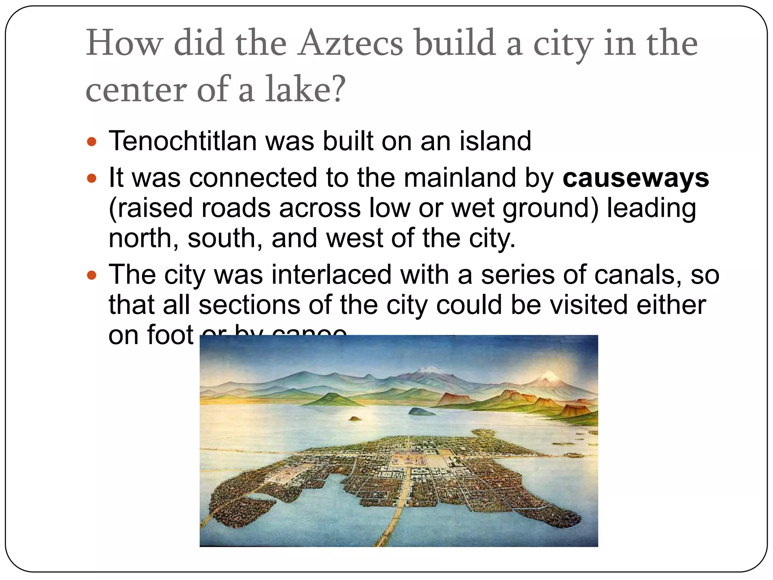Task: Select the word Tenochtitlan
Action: pyautogui.click(x=183, y=141)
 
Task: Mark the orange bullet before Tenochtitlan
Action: pyautogui.click(x=92, y=142)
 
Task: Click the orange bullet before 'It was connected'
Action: pyautogui.click(x=92, y=179)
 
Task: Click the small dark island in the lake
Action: pyautogui.click(x=421, y=411)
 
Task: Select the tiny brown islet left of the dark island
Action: pyautogui.click(x=353, y=418)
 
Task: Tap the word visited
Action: pyautogui.click(x=589, y=305)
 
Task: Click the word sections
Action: pyautogui.click(x=249, y=305)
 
